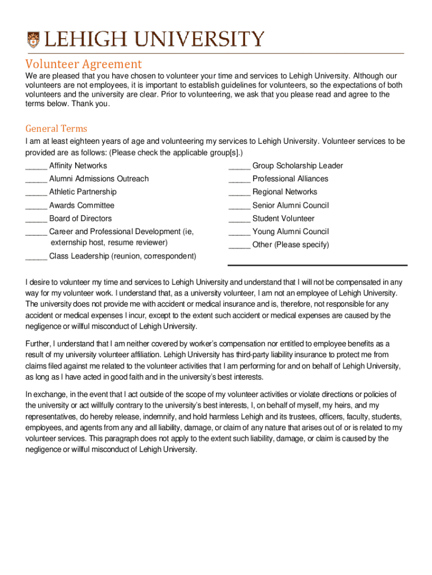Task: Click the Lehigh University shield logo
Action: coord(34,39)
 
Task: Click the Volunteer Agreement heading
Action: coord(84,64)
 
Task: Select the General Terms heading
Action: coord(56,129)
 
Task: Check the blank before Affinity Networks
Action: coord(36,167)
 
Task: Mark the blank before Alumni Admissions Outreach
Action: coord(36,180)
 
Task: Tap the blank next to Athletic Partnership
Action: coord(36,193)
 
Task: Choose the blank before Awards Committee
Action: coord(36,206)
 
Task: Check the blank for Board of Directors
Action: coord(36,219)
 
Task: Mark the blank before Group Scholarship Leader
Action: coord(239,167)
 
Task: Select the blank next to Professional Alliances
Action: coord(239,180)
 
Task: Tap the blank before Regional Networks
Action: coord(239,193)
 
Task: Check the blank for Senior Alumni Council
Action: coord(239,206)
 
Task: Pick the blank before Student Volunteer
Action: coord(239,219)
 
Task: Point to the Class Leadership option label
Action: coord(122,257)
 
